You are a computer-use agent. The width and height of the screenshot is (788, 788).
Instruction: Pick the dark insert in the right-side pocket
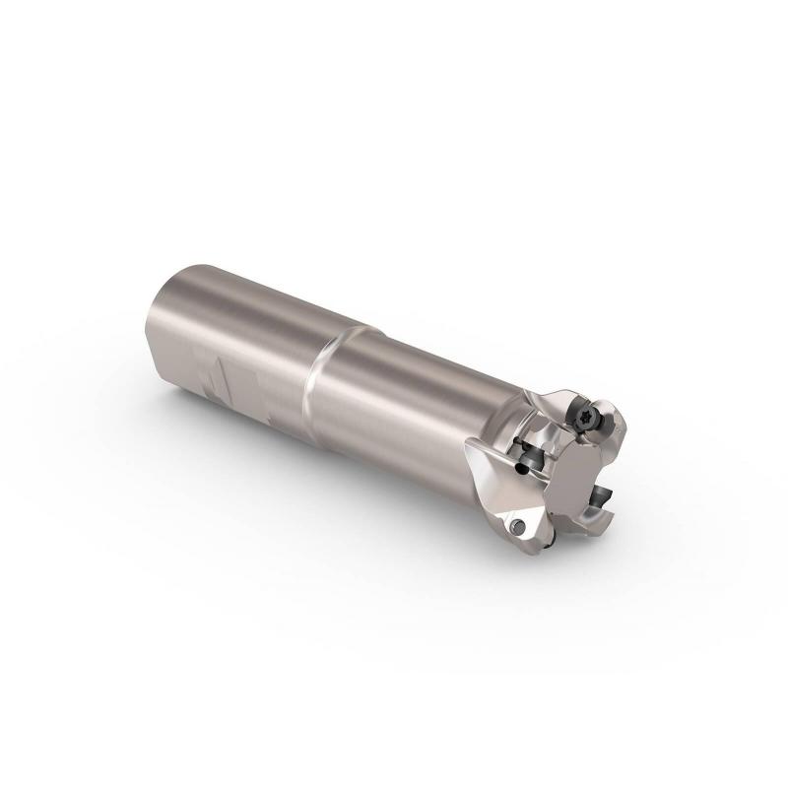coord(601,493)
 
